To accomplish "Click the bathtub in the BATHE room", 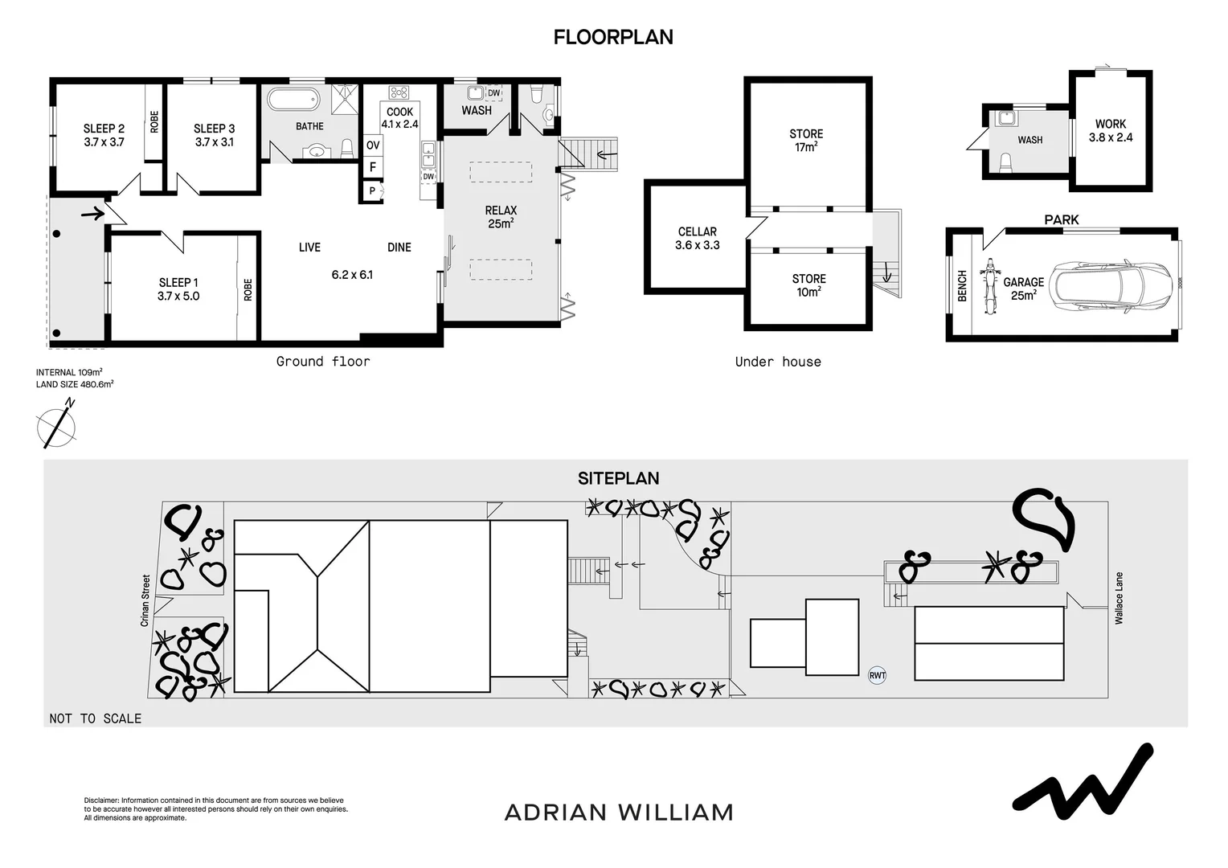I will click(293, 100).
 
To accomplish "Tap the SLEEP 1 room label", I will click(178, 289).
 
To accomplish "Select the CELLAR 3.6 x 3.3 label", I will click(697, 239).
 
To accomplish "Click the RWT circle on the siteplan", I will click(877, 675).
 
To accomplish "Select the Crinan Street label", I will click(145, 600).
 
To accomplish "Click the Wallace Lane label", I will click(1119, 598).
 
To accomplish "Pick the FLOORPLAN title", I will click(613, 37).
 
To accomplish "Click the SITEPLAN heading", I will click(618, 478).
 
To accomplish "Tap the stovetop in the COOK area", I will click(399, 92).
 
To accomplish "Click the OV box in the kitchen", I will click(373, 145).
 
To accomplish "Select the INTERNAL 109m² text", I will click(69, 372).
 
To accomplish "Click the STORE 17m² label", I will click(806, 141).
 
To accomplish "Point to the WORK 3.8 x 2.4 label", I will click(1111, 130).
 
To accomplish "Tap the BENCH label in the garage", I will click(962, 286).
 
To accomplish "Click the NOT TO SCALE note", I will click(95, 719).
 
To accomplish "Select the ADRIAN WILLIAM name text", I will click(619, 813).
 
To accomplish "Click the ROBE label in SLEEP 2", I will click(154, 121).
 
